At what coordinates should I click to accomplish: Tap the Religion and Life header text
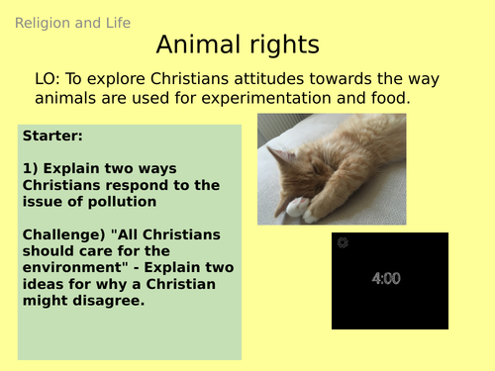(73, 23)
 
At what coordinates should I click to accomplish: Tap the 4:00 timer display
(386, 279)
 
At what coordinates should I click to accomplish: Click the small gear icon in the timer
(344, 242)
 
